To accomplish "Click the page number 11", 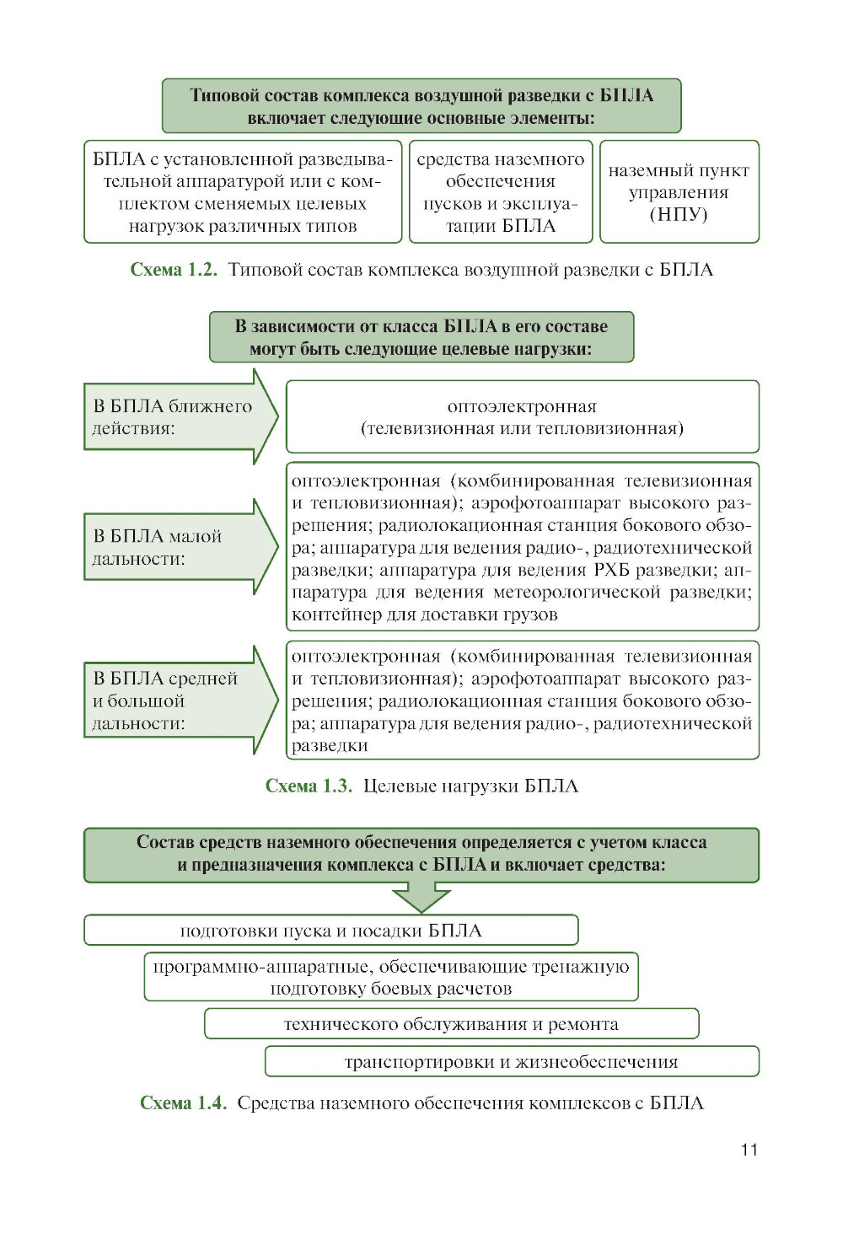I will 749,1150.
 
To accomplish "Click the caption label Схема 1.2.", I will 174,270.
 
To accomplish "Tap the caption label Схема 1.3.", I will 309,786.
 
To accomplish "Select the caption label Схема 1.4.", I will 183,1103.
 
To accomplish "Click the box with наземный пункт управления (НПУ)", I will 679,192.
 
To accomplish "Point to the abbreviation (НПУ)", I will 679,214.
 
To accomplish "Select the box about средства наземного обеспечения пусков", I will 501,192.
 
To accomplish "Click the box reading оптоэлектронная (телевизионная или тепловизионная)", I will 522,417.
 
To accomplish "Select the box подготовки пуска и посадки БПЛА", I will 330,931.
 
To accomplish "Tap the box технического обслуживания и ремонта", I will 451,1024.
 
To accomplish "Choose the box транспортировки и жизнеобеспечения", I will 511,1062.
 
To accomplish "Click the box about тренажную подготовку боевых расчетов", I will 391,978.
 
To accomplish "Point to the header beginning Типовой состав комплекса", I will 421,106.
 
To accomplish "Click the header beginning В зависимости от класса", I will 421,337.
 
